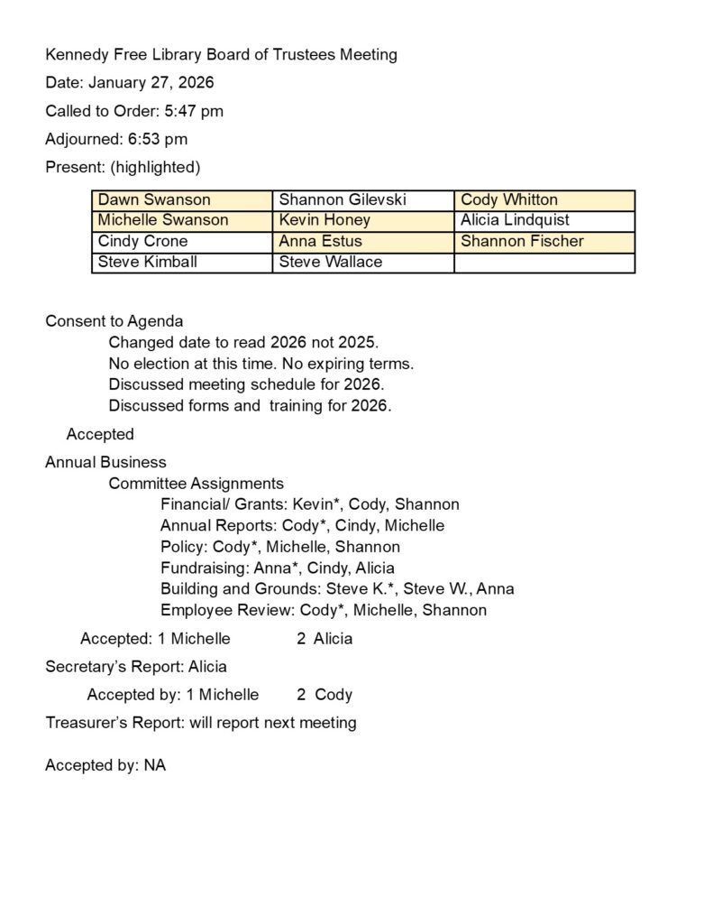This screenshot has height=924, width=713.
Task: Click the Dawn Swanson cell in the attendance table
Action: [181, 200]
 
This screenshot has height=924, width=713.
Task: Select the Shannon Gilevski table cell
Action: [362, 200]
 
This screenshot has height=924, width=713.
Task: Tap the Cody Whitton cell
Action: [544, 200]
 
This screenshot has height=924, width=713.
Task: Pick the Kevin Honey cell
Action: [362, 221]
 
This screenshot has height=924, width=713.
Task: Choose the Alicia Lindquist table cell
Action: [544, 221]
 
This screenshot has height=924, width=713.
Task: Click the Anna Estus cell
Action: [362, 242]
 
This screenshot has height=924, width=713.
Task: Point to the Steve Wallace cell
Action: [362, 263]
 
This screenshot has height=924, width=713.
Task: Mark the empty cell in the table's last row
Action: [544, 263]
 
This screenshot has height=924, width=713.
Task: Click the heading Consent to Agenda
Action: [114, 321]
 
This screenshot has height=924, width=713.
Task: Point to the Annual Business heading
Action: [105, 463]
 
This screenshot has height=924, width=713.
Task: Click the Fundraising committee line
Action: [277, 568]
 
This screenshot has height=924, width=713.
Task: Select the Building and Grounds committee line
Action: [337, 589]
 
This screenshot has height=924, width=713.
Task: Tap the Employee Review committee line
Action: [323, 611]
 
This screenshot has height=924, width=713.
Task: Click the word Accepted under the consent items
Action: [100, 435]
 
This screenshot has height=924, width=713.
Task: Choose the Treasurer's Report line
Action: [201, 723]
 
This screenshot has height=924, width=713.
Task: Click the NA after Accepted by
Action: [155, 766]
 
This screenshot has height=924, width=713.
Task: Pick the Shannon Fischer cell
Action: [544, 242]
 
